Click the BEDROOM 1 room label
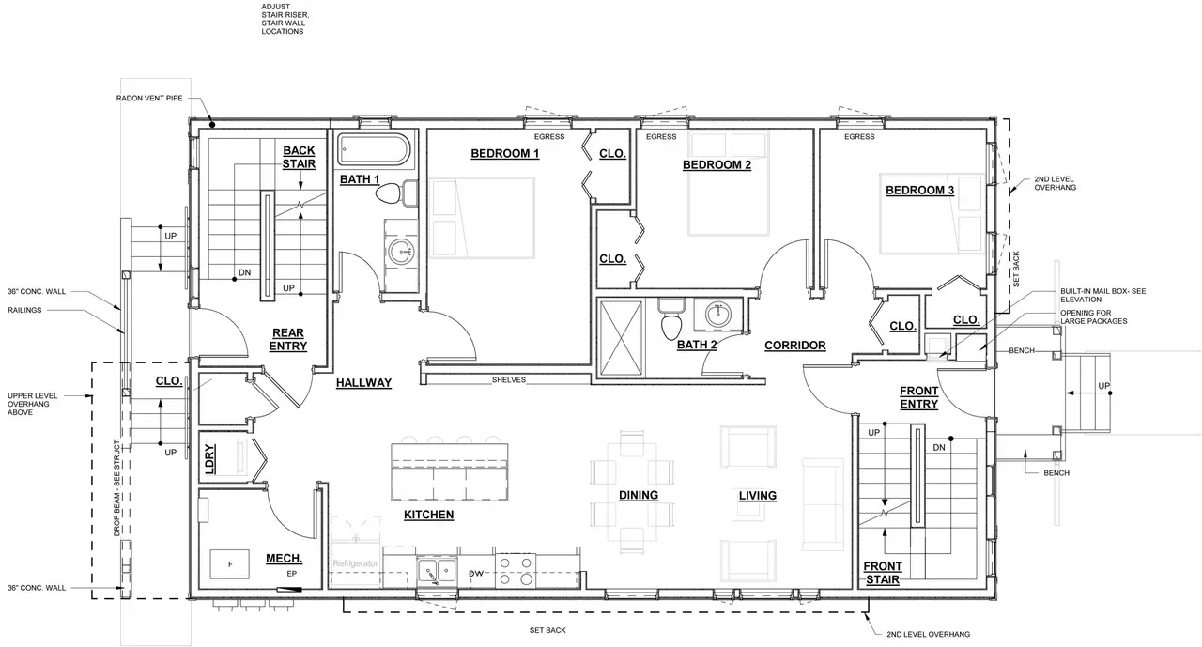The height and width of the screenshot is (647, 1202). coord(505,153)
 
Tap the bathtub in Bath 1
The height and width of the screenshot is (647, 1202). coord(374,149)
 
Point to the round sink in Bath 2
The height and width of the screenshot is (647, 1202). coord(717,314)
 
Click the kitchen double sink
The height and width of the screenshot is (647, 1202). coord(438,571)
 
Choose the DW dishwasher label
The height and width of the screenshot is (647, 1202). coord(476,574)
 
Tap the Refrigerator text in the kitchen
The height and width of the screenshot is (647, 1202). coord(355,563)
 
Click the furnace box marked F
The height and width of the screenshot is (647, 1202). coord(230,563)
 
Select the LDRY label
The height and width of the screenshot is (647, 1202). coord(209,458)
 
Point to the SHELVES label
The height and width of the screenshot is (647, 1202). coord(509,379)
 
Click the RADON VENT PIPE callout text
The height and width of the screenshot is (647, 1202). coord(149,99)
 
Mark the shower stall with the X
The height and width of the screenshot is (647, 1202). coord(622,338)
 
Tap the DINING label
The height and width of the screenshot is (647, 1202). coord(639,495)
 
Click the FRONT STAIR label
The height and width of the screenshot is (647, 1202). coord(883,573)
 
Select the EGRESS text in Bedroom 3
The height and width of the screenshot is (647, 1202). coord(859,137)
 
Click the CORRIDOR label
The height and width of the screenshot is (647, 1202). coord(795,346)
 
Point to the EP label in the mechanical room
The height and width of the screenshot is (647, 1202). coord(291,574)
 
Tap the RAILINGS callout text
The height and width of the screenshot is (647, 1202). coord(24,310)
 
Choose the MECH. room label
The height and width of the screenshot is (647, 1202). coord(284,559)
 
